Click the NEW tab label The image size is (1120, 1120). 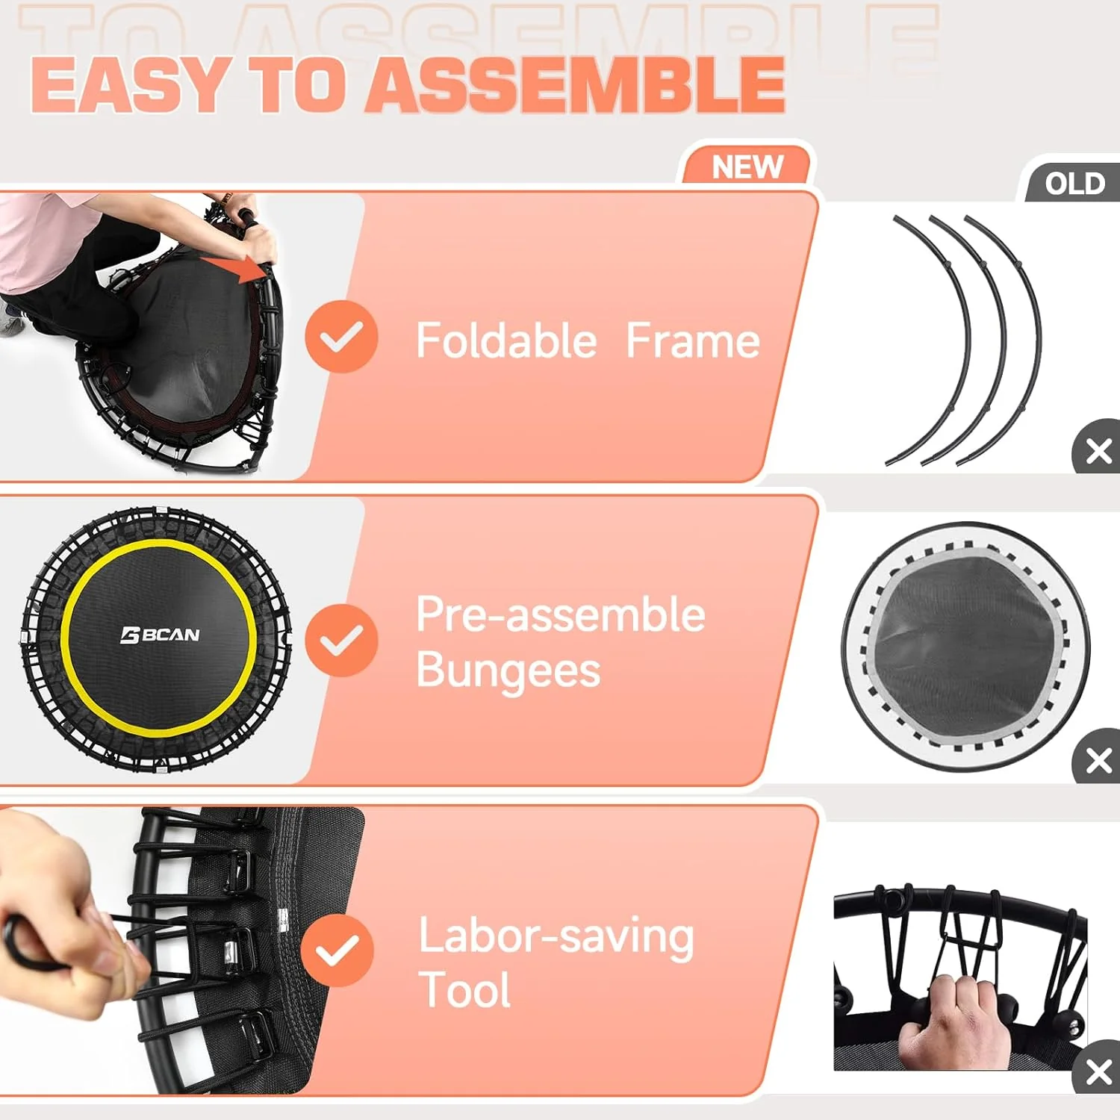click(x=747, y=167)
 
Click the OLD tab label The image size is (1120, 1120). click(x=1074, y=183)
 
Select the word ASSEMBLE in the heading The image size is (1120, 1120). click(x=576, y=85)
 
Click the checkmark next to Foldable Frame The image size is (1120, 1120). click(x=341, y=337)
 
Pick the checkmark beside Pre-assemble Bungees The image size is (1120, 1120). click(x=341, y=640)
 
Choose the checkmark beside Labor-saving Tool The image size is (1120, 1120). click(x=337, y=950)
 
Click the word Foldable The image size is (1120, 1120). click(x=506, y=341)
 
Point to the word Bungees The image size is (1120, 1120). click(x=508, y=670)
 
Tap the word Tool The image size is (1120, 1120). click(x=464, y=990)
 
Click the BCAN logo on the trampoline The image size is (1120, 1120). click(x=160, y=635)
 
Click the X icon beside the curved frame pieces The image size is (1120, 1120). click(x=1098, y=450)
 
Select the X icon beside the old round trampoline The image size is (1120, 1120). click(x=1098, y=761)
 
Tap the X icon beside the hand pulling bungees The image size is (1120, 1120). click(x=1098, y=1071)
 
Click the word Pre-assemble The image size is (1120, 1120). click(x=560, y=615)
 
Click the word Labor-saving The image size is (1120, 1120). click(x=556, y=936)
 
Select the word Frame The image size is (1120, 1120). click(x=692, y=341)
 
